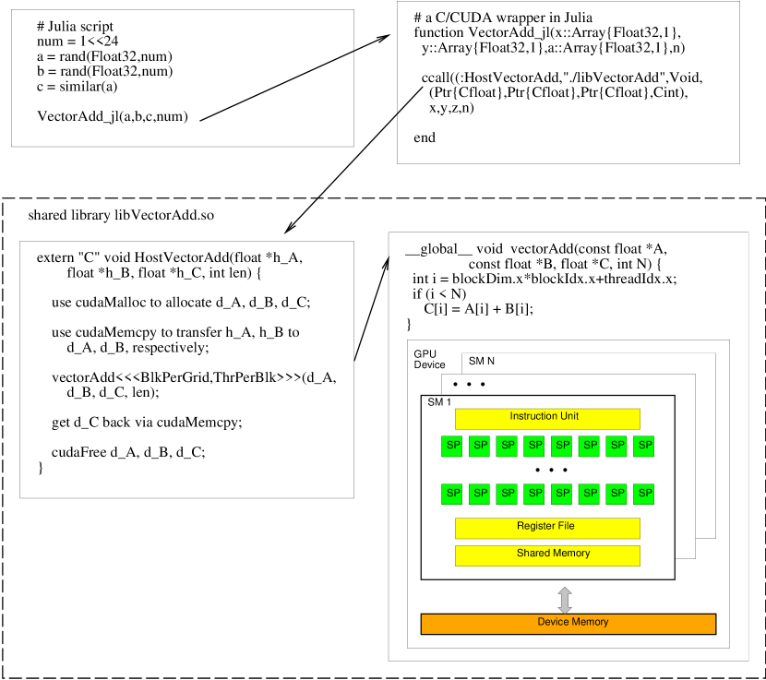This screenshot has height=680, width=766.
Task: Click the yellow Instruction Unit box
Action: click(546, 418)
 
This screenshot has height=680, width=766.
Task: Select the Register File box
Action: click(546, 528)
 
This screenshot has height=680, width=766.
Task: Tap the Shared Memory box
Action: click(546, 555)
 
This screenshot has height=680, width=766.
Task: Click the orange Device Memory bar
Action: click(568, 624)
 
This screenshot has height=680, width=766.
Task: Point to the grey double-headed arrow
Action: click(565, 600)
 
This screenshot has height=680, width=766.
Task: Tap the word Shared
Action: click(533, 554)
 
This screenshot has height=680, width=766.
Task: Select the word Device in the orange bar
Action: click(553, 622)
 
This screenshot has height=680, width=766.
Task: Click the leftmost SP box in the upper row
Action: click(451, 446)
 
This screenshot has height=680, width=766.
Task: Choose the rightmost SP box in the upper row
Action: click(643, 446)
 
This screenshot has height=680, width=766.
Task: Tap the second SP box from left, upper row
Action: click(479, 446)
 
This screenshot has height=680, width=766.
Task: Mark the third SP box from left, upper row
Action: click(507, 446)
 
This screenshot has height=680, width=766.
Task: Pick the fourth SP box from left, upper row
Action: click(533, 446)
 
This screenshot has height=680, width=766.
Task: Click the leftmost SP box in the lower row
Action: click(451, 494)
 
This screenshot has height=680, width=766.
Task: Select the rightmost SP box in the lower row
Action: click(643, 494)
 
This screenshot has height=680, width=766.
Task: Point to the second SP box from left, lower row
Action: click(479, 494)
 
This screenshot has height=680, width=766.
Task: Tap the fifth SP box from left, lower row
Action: click(561, 494)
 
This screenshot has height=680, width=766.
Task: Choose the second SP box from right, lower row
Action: click(616, 494)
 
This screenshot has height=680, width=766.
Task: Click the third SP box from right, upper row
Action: click(589, 446)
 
